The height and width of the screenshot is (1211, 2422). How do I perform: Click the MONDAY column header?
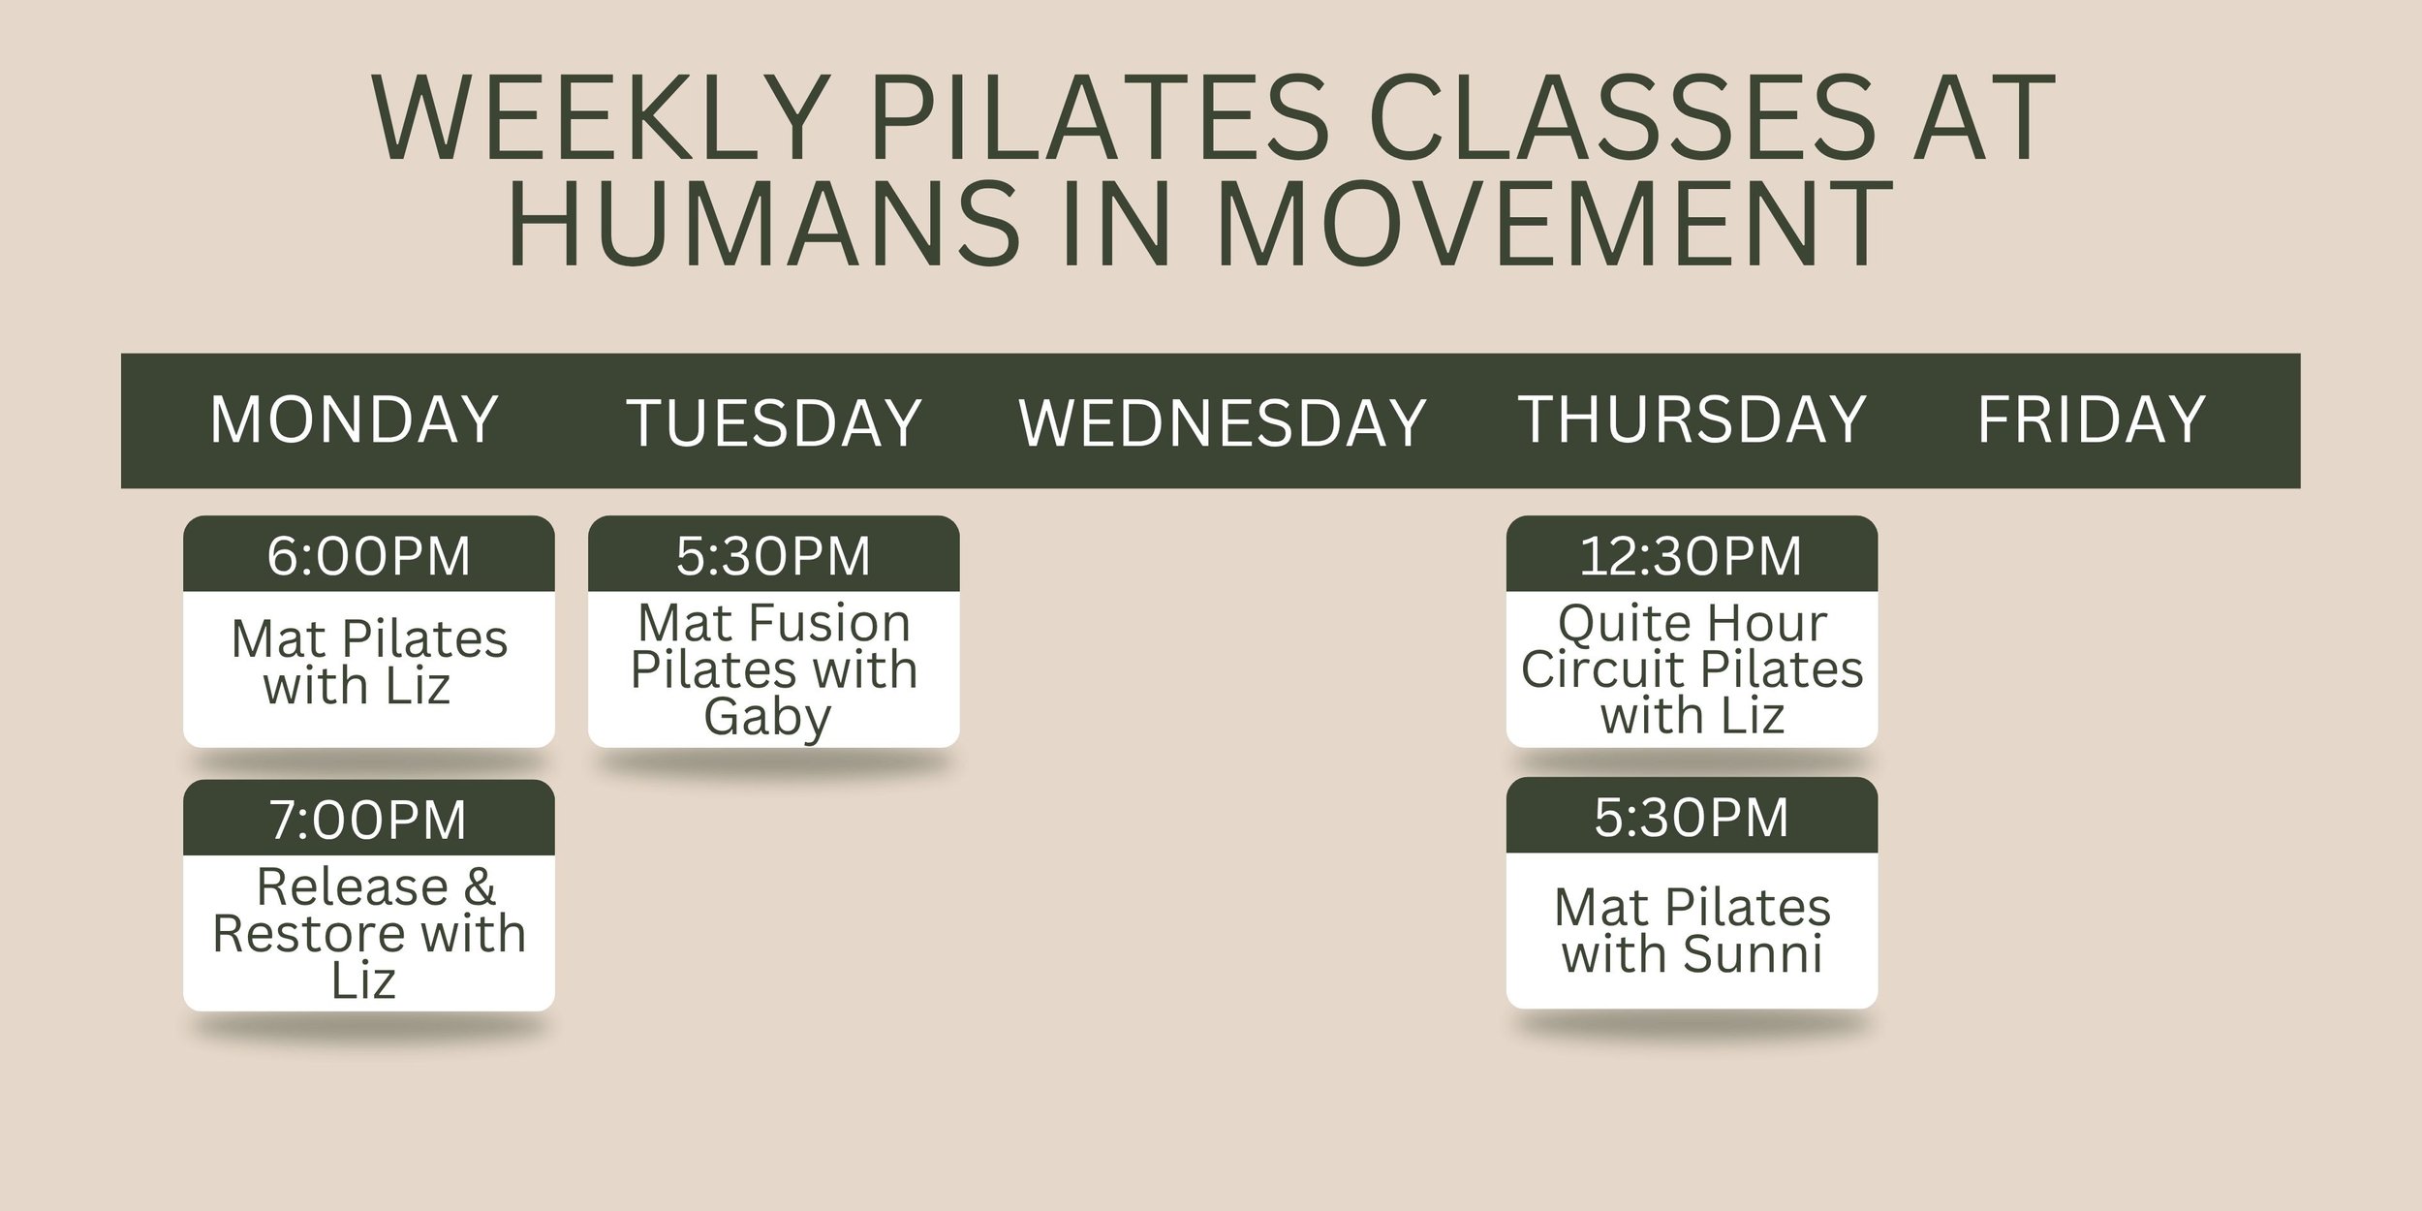[354, 420]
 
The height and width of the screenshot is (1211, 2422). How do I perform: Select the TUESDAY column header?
[774, 423]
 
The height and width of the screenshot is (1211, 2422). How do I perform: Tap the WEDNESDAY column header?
[1222, 423]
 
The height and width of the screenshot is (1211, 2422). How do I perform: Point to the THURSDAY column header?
[1692, 420]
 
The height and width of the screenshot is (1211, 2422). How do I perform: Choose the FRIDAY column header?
[2091, 420]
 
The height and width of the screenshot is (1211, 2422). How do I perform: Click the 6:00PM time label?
[368, 556]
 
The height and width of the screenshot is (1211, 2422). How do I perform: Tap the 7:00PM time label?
[368, 820]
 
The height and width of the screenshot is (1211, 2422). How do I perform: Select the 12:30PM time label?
[1691, 556]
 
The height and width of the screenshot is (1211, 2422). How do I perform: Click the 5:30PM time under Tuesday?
[773, 556]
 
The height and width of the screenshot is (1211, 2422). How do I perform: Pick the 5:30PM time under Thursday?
[1691, 818]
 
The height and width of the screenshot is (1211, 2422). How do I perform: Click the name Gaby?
[767, 718]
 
